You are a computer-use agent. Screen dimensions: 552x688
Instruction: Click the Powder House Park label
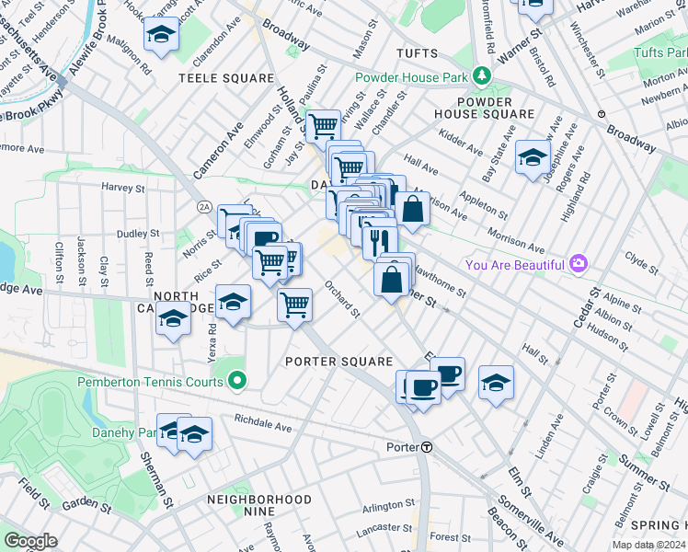coord(411,78)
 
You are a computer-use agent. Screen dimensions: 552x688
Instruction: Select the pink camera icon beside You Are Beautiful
coord(579,264)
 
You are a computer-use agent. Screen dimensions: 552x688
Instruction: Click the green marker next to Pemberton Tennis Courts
coord(237,381)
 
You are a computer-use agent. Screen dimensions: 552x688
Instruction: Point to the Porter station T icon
coord(428,447)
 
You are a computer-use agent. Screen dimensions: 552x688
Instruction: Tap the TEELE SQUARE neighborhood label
coord(226,79)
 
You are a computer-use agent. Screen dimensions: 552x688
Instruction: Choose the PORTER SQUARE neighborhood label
coord(338,362)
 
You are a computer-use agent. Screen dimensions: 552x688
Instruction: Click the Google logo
coord(30,541)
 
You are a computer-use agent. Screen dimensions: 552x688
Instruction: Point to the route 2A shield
coord(203,208)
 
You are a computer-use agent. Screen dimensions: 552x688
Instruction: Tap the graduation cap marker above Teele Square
coord(162,36)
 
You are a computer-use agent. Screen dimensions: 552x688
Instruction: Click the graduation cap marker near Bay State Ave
coord(533,157)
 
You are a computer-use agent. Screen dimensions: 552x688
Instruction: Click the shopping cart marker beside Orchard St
coord(294,303)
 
